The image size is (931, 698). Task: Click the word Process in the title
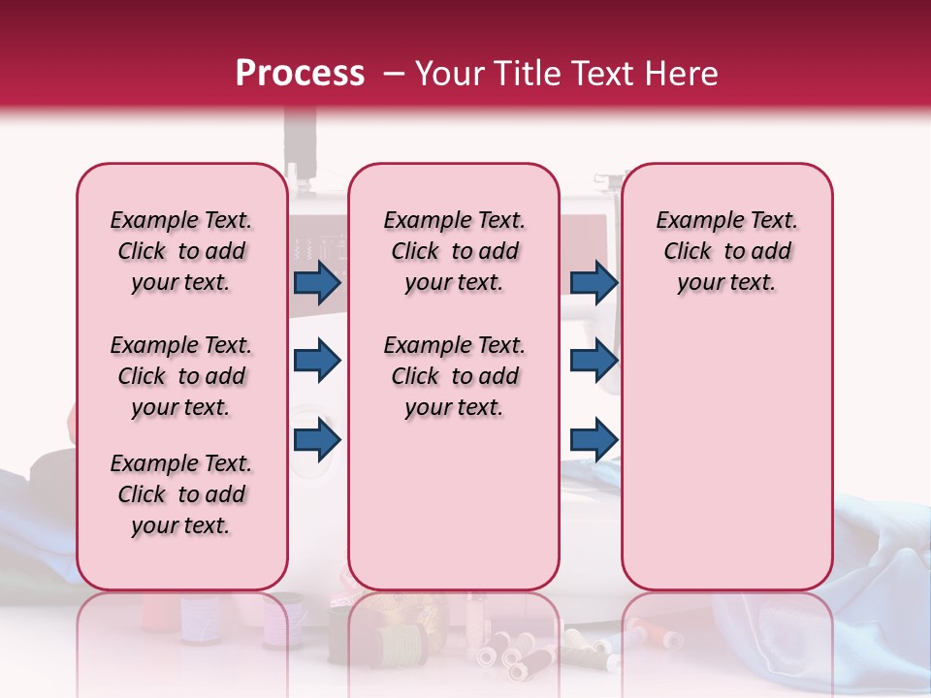(x=300, y=74)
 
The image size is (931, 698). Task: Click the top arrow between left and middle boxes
(x=317, y=282)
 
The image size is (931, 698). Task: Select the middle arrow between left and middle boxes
(x=317, y=361)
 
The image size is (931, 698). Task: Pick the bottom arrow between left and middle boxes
(x=317, y=439)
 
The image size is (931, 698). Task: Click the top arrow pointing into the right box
(x=594, y=282)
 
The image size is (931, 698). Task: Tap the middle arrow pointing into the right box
(x=594, y=361)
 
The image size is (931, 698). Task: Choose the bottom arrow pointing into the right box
(x=594, y=439)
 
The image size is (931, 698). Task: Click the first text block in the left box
(x=181, y=251)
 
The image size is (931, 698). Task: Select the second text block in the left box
(x=181, y=376)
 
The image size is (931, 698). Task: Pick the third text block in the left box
(x=181, y=494)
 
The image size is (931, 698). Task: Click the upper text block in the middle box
(x=454, y=251)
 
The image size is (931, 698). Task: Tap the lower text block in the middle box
(x=454, y=376)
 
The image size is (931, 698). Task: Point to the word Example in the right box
(x=691, y=220)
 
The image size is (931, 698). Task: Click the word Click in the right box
(x=688, y=251)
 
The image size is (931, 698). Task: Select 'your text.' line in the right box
(x=726, y=282)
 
